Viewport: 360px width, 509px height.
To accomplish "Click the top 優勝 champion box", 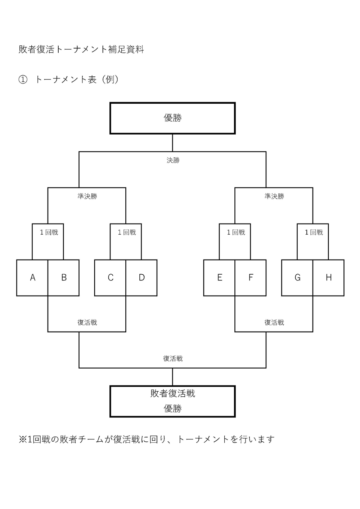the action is tap(172, 118).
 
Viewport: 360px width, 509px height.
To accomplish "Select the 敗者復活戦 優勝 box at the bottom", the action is tap(172, 401).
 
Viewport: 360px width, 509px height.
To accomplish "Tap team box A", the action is tap(32, 278).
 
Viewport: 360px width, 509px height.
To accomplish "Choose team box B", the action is tap(64, 278).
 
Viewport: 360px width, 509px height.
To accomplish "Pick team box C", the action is tap(110, 278).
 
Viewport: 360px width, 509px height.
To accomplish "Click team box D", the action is tap(141, 278).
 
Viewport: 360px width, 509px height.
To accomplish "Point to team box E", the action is tap(219, 278).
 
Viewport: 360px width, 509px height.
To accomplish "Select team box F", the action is tap(251, 278).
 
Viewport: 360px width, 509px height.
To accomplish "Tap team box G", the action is tap(297, 278).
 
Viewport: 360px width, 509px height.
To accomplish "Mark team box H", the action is tap(328, 278).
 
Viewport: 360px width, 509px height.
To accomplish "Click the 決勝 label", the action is tap(173, 160).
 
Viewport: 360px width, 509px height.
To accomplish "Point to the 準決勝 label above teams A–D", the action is tap(87, 196).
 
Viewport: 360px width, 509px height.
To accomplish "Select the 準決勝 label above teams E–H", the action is tap(274, 196).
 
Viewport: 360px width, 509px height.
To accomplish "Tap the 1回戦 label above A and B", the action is tap(49, 232).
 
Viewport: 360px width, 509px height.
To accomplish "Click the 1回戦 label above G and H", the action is tap(314, 232).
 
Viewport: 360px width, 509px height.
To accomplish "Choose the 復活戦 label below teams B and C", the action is tap(87, 323).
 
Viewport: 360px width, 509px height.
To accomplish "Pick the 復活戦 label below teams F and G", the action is tap(274, 323).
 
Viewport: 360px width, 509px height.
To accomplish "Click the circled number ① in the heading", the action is tap(23, 80).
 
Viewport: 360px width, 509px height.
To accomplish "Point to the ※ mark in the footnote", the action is tap(23, 440).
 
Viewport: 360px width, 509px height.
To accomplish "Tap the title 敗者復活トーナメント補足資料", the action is tap(81, 49).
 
